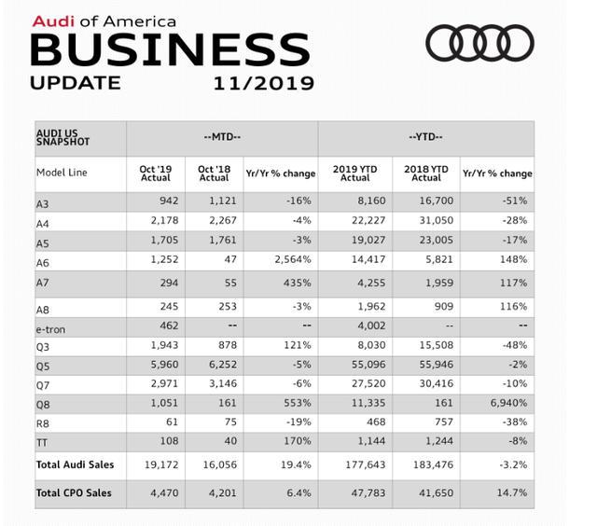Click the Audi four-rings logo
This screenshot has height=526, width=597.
(480, 43)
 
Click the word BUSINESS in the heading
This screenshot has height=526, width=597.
(169, 48)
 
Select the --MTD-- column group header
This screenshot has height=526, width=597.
(222, 137)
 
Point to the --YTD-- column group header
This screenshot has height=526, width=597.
(426, 137)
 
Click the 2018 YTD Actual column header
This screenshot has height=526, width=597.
(426, 173)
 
